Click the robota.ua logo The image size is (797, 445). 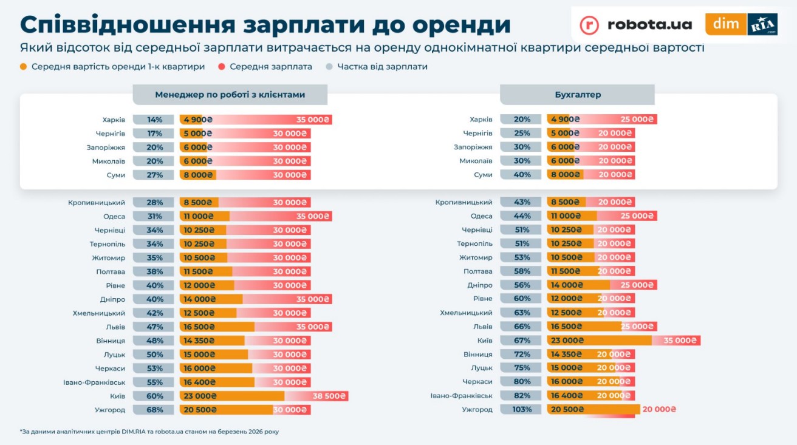coord(636,24)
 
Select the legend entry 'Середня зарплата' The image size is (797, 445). coord(270,67)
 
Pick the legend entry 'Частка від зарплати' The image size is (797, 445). coord(382,67)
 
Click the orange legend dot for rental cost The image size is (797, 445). coord(24,67)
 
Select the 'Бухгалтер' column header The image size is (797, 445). coord(577,95)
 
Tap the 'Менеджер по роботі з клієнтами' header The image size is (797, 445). coord(230,95)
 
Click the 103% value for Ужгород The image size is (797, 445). coord(521,410)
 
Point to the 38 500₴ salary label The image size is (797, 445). coord(329,396)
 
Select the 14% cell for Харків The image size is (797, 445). coord(154,120)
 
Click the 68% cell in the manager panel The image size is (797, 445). coord(154,410)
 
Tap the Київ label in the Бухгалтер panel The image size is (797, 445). coord(485,341)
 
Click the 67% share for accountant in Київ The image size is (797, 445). coord(521,341)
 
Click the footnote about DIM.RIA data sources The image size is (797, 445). coord(149,432)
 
